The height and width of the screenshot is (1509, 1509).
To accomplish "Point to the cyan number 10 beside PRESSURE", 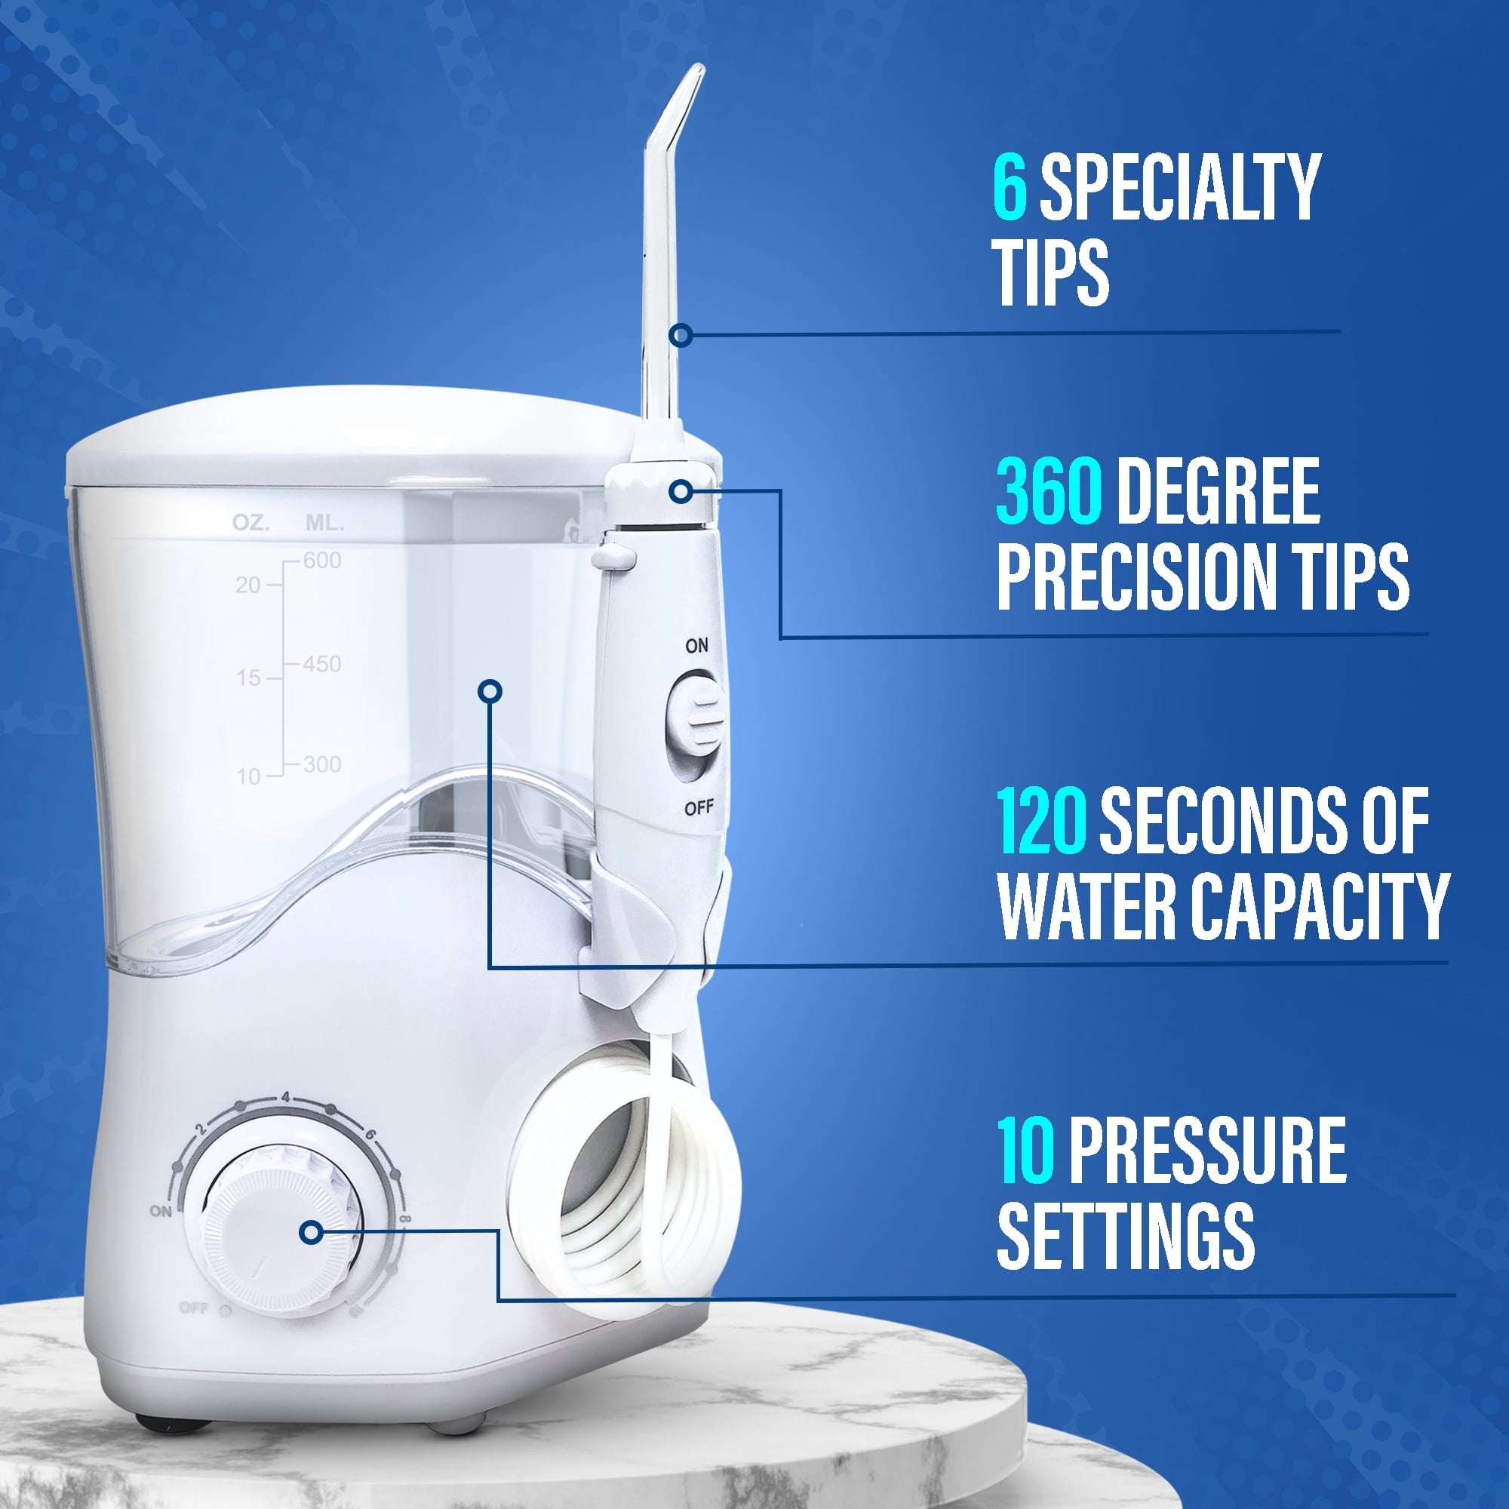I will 1025,1151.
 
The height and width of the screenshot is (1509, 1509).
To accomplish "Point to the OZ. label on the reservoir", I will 250,523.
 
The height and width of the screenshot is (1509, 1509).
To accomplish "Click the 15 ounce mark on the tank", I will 248,678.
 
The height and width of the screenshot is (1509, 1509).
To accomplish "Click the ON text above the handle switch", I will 696,646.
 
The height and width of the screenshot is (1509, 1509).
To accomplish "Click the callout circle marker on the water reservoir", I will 490,690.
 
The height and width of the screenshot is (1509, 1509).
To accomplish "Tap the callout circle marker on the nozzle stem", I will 681,336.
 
